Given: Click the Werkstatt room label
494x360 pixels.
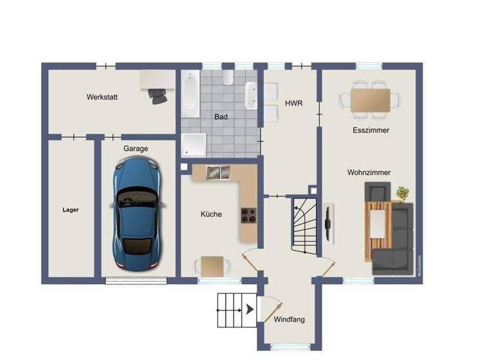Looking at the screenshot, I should point(102,98).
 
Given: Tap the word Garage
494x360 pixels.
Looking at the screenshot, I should point(136,148).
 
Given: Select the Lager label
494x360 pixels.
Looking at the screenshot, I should point(70,210).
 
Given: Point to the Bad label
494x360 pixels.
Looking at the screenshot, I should point(221,117).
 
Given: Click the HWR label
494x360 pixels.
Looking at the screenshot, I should point(293,103).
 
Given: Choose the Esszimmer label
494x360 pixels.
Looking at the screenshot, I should point(370,130).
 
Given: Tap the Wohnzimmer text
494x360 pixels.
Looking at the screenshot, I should point(369,172).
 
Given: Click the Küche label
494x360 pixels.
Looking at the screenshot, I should point(211,214).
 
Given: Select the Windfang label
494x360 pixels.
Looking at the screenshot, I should point(289,319).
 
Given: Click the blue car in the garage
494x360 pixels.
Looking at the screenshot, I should point(137,215).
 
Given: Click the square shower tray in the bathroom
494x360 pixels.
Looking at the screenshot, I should point(192,145).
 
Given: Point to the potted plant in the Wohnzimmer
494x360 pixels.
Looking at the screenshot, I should point(403,192).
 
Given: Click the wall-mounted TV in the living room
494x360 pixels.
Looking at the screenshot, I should point(328,223).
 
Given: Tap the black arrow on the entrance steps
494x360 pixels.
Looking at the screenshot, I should point(247,310).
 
